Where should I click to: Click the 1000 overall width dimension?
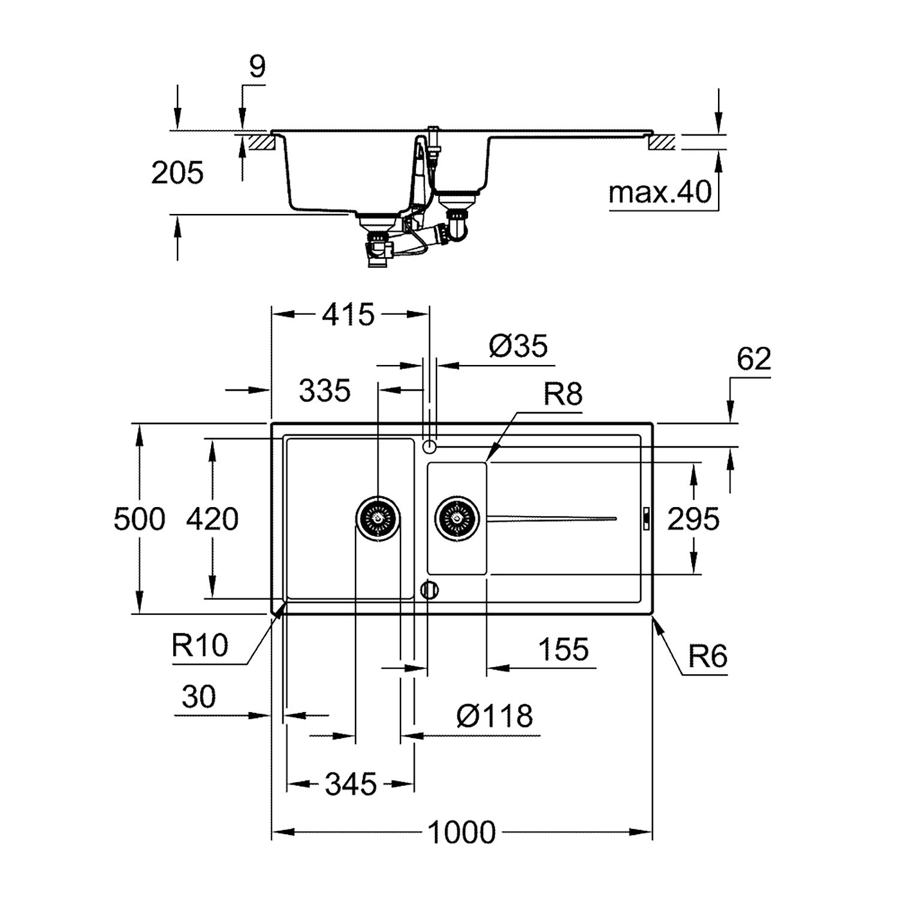tap(461, 832)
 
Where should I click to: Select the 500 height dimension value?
tap(140, 519)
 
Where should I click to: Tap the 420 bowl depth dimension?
tap(212, 519)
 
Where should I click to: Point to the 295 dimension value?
tap(693, 519)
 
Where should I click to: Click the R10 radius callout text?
tap(200, 646)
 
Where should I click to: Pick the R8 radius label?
tap(563, 395)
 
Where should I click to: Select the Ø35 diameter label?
tap(518, 346)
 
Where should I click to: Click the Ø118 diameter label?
tap(494, 716)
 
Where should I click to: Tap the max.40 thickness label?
tap(660, 193)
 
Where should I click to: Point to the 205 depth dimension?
tap(177, 173)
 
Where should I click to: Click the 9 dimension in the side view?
tap(257, 67)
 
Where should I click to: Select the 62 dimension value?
tap(754, 359)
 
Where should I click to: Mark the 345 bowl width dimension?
tap(351, 784)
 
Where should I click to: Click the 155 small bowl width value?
tap(564, 649)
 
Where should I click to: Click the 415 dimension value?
tap(349, 315)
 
